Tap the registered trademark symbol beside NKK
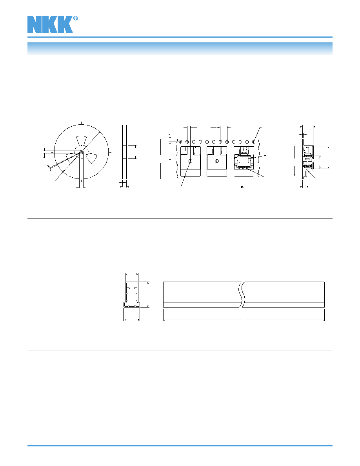pos(75,18)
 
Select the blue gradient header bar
pos(180,49)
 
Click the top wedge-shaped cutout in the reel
pos(81,140)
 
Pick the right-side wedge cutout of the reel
pos(91,158)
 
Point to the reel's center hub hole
pos(82,152)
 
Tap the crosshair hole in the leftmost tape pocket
pos(191,161)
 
